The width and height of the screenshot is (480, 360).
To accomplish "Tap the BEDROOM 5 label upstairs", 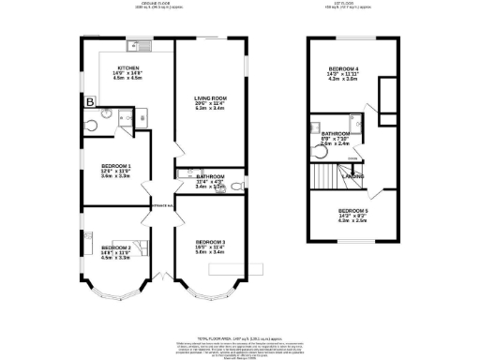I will [x=352, y=210].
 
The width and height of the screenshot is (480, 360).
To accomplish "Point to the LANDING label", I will [x=352, y=175].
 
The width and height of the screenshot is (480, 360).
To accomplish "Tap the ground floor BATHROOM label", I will [x=211, y=176].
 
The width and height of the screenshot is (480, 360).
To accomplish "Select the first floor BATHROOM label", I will [x=336, y=134].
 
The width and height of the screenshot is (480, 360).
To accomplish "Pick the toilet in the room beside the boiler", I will [x=91, y=126].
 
